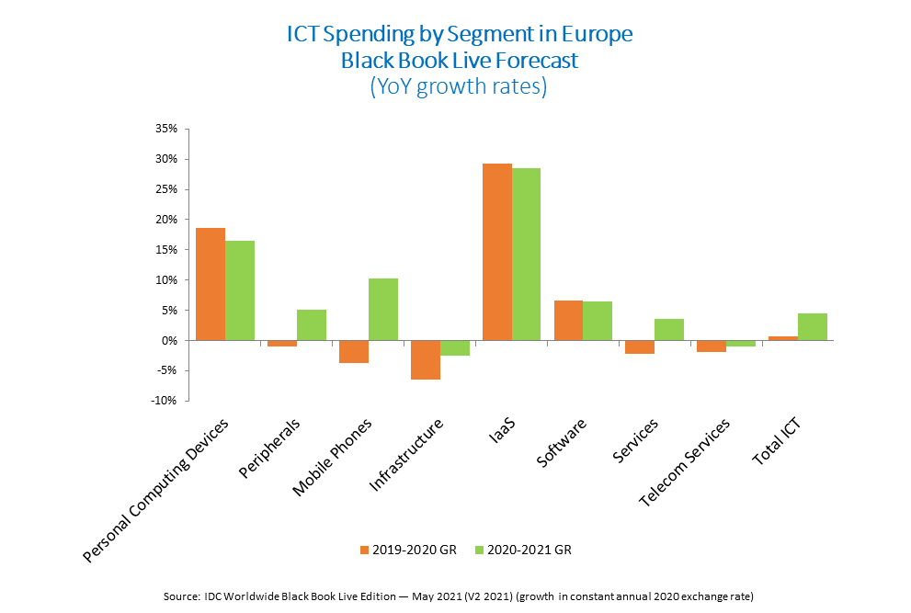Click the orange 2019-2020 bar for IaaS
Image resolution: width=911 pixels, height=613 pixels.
496,252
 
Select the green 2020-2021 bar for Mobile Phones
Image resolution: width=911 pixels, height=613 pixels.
383,309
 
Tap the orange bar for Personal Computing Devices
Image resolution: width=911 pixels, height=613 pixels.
211,284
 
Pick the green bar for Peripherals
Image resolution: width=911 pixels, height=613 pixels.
312,324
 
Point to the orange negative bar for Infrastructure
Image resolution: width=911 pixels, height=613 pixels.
425,359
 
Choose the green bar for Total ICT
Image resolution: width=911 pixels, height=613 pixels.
813,326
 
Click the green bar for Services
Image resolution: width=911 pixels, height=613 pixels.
669,329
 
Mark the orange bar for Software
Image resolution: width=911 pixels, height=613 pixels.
568,320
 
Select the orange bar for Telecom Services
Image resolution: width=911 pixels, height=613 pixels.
712,346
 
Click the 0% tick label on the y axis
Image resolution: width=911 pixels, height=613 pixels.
168,341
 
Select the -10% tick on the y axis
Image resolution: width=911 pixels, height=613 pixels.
163,401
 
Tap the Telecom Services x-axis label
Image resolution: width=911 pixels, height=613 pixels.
685,462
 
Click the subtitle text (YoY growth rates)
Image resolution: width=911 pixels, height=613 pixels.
459,88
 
